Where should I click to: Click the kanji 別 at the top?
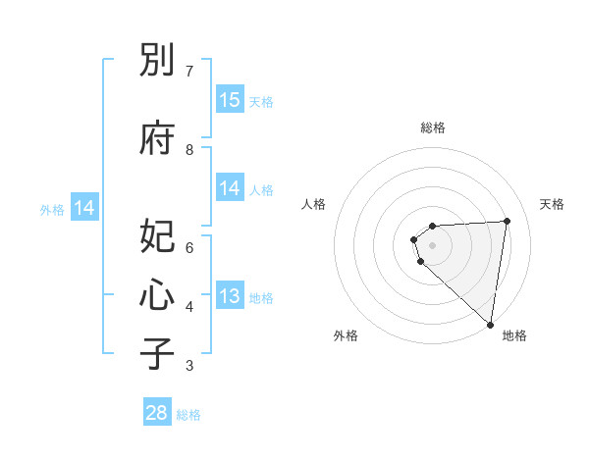tap(157, 62)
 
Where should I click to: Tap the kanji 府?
tap(157, 138)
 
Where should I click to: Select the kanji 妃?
tap(157, 238)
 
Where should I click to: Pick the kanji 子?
tap(157, 354)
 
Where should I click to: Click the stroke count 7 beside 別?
tap(189, 71)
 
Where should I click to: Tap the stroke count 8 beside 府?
tap(189, 149)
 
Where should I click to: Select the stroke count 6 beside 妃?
tap(189, 247)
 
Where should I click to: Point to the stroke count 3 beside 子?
tap(189, 366)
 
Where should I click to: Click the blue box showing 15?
tap(230, 100)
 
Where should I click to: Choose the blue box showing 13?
tap(230, 297)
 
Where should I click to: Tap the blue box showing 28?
tap(157, 413)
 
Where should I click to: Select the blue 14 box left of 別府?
tap(84, 208)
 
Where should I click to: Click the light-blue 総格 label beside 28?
tap(188, 415)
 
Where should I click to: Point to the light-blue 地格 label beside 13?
tap(261, 298)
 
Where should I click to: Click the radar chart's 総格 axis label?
tap(433, 128)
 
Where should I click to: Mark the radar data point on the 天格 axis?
tap(507, 221)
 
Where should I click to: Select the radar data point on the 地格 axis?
tap(490, 324)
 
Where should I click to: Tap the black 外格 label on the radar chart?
tap(346, 336)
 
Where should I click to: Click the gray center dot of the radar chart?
tap(432, 245)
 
